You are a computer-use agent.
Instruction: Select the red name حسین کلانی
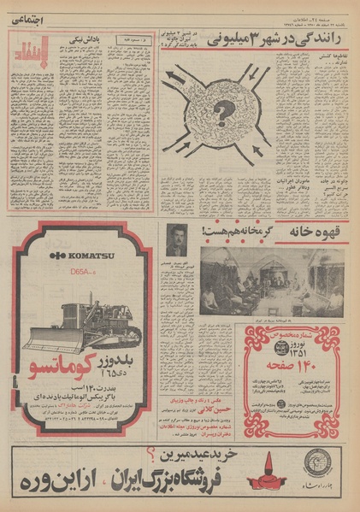[x=206, y=409]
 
